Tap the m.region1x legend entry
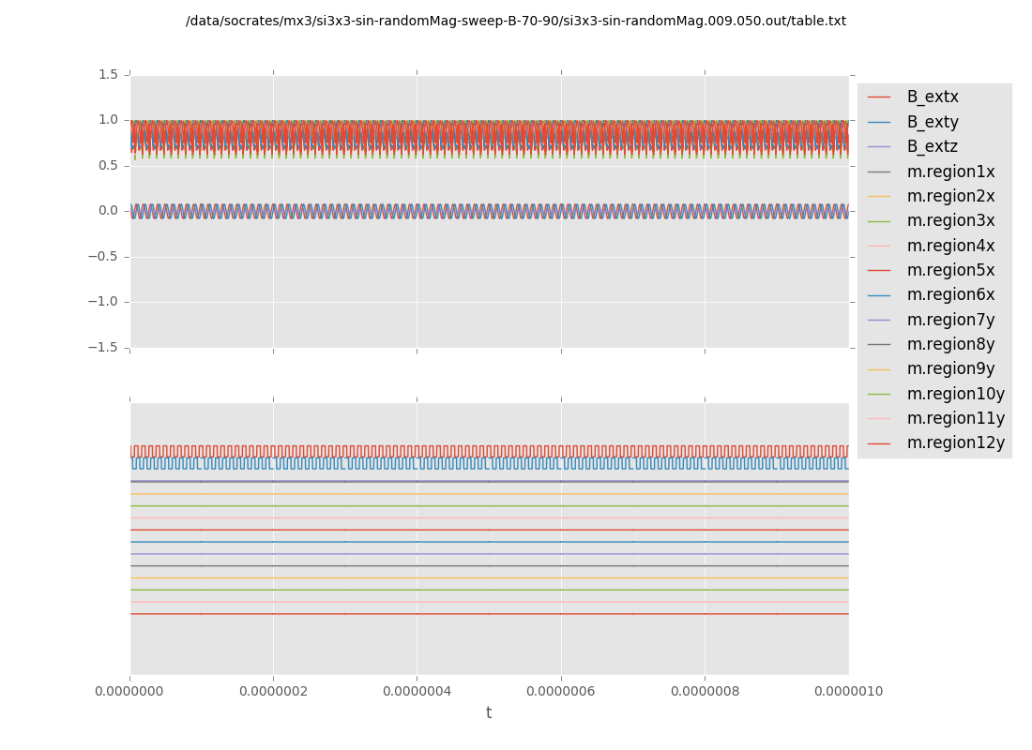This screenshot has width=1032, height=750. click(950, 172)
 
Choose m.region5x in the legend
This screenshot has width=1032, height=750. click(950, 271)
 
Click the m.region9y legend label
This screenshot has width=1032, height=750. click(950, 369)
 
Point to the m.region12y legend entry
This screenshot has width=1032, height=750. click(955, 443)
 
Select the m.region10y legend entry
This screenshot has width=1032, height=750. click(955, 394)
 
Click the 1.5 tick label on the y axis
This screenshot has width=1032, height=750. click(109, 74)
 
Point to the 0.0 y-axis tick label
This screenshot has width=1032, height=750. click(109, 211)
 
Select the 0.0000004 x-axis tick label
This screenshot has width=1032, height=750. click(417, 692)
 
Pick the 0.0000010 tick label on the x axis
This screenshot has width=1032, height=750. click(848, 692)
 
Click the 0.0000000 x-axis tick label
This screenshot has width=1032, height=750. click(130, 692)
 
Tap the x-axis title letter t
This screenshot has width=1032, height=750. click(489, 713)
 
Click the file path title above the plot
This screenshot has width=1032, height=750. click(516, 22)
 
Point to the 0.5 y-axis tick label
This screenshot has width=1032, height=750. click(109, 166)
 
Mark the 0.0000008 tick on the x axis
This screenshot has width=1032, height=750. click(705, 692)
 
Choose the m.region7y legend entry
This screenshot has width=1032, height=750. click(950, 320)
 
